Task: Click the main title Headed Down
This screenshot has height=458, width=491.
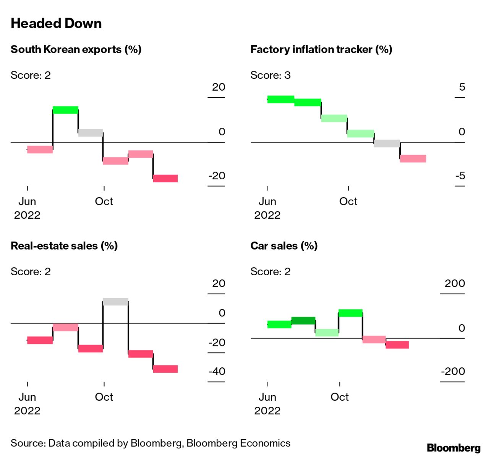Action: click(x=56, y=23)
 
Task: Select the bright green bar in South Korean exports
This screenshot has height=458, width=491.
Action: click(x=65, y=110)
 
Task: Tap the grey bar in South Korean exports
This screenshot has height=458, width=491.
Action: click(x=91, y=133)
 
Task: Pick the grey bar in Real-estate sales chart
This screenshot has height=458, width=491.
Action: click(x=115, y=302)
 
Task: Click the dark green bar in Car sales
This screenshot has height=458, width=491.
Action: click(x=303, y=320)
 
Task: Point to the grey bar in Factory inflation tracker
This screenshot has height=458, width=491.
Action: click(x=387, y=143)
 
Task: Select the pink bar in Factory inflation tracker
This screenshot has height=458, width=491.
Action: click(x=413, y=159)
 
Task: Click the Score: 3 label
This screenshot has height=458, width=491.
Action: click(x=270, y=75)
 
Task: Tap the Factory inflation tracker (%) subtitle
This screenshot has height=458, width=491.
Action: click(x=321, y=50)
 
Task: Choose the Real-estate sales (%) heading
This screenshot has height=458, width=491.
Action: click(x=64, y=246)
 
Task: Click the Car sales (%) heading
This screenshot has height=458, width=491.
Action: click(x=284, y=246)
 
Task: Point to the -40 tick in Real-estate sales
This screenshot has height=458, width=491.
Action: click(x=217, y=371)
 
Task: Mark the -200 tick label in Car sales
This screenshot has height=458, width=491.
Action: click(x=453, y=371)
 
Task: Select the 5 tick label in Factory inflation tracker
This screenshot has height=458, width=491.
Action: click(x=462, y=87)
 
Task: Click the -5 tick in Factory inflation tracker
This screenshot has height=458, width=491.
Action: click(x=460, y=176)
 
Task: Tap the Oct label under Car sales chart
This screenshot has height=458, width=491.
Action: click(x=339, y=397)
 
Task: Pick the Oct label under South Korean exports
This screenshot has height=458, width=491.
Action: click(x=104, y=201)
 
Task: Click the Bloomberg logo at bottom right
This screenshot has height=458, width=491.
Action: click(x=454, y=448)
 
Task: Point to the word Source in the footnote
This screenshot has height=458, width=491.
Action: click(x=28, y=443)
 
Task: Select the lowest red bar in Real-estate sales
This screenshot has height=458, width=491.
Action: click(x=165, y=369)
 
